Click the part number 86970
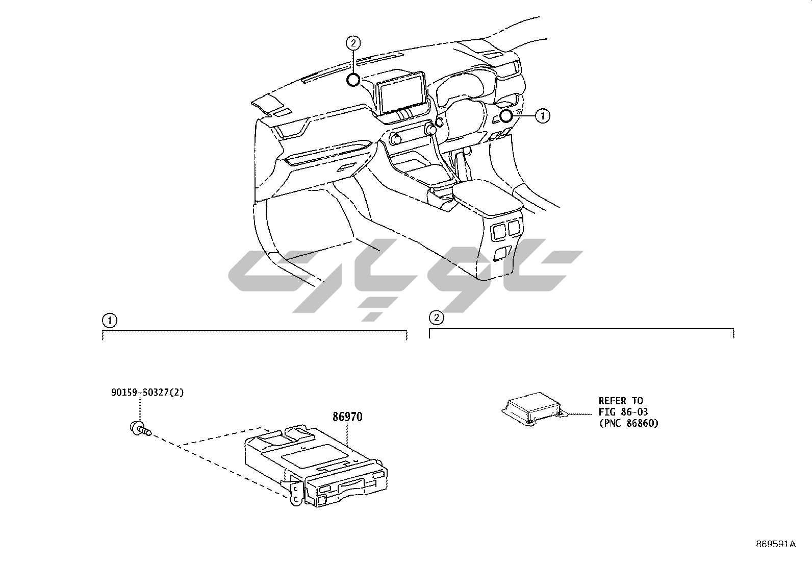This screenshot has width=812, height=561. pos(347,417)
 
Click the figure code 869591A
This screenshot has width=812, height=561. pos(775,544)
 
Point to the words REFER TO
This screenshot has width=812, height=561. pos(620,401)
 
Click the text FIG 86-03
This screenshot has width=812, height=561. pos(623,412)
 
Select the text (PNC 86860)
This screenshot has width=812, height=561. pos(628,423)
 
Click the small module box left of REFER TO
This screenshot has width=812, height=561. pos(533,406)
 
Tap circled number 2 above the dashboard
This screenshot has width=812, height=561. pos(353,43)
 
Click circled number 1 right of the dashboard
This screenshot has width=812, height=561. pos(542,116)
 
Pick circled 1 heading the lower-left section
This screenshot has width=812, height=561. pos(109,321)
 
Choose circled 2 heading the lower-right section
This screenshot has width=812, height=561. pos(436,318)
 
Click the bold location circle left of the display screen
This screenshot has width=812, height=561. pos(353,80)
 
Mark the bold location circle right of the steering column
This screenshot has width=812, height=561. pos(505,116)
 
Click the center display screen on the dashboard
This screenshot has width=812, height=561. pos(401,92)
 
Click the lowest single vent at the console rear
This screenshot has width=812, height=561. pos(502,252)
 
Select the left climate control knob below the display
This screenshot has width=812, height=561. pos(395,138)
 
